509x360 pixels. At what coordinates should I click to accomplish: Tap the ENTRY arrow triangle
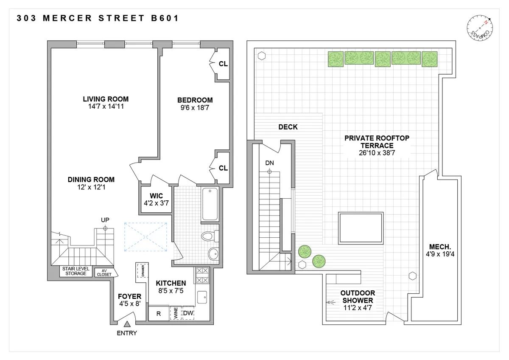127,325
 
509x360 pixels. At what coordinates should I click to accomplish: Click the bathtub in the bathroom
210,204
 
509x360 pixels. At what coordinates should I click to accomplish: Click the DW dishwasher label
188,314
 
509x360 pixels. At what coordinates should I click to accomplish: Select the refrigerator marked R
158,314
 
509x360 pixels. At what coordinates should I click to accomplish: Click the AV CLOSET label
103,273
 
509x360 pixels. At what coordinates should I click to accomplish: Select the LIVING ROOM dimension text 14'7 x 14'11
106,107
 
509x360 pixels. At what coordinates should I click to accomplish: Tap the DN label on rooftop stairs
269,163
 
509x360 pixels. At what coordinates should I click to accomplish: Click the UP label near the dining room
105,220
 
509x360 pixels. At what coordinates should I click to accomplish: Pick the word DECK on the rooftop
288,127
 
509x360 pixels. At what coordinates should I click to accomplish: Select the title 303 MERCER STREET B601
98,18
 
